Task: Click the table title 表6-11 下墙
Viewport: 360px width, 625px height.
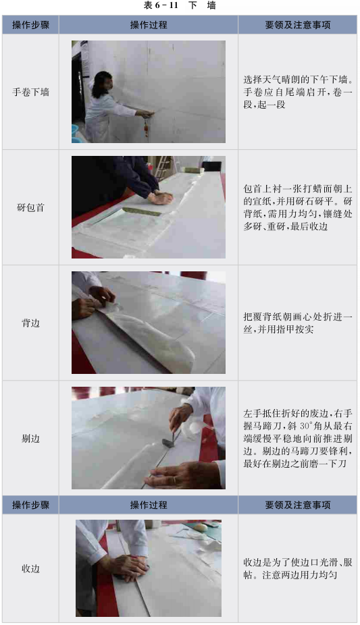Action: click(x=180, y=5)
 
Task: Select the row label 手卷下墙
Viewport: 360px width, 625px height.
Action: click(x=30, y=92)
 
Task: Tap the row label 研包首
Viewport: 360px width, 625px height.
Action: click(x=30, y=208)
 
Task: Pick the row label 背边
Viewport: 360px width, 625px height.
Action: click(x=30, y=323)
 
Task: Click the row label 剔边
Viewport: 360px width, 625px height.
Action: click(x=30, y=439)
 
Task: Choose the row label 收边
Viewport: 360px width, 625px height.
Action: click(x=30, y=569)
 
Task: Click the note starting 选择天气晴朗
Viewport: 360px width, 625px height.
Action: click(x=298, y=92)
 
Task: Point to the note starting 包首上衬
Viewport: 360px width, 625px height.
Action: click(x=298, y=207)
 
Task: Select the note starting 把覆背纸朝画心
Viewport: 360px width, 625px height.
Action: click(x=298, y=323)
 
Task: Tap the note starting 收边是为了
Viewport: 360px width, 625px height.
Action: click(x=298, y=569)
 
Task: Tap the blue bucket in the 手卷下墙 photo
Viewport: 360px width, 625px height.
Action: click(x=75, y=133)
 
